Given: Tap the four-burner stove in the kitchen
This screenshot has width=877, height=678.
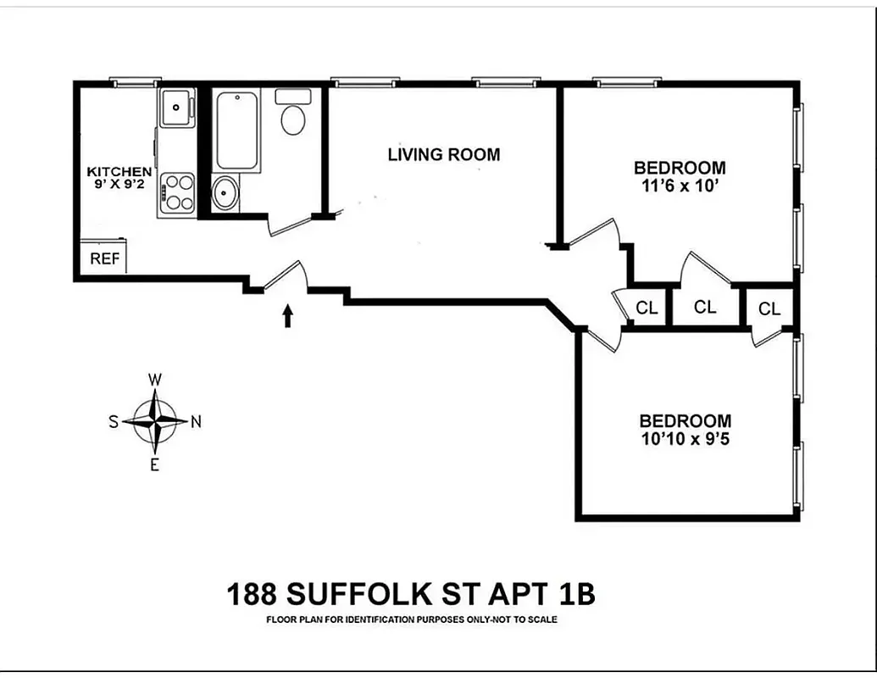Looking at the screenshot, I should (178, 192).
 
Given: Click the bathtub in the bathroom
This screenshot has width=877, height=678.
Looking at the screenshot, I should (236, 131).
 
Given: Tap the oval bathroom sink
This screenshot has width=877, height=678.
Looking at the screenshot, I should (225, 194).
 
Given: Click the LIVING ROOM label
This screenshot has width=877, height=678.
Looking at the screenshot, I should (443, 154).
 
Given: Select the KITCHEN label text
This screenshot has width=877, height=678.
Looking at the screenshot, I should (119, 172).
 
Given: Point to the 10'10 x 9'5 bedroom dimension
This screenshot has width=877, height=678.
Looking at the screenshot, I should (685, 439).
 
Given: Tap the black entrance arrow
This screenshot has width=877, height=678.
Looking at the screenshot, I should (287, 315).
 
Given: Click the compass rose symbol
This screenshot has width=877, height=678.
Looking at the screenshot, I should (156, 421).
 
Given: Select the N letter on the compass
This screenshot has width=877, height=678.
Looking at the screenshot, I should (196, 422).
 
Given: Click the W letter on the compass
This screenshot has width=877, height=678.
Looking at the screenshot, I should (155, 380).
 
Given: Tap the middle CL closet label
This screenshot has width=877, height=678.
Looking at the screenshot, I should (705, 307).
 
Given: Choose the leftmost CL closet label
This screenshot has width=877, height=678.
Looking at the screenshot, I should (647, 308).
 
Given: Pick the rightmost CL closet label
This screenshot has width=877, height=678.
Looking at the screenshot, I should (769, 309).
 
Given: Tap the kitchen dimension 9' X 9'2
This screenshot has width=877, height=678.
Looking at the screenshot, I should (119, 185).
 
